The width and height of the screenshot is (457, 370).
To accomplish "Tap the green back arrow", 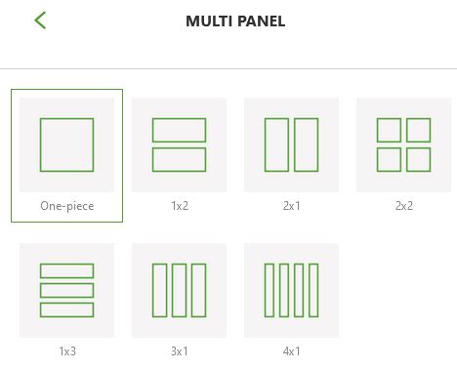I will [40, 20].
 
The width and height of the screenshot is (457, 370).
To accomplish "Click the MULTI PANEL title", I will [235, 21].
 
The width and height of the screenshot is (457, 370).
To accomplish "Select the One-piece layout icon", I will [66, 144].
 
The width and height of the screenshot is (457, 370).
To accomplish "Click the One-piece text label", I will [66, 206].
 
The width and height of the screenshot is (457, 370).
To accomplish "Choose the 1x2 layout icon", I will [179, 144].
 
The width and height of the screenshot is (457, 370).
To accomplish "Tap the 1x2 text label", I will [179, 206].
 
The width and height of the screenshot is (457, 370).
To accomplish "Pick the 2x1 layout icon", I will [291, 144].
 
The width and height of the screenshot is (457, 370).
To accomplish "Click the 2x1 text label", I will [291, 206].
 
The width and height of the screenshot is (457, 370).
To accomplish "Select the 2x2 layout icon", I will [403, 144].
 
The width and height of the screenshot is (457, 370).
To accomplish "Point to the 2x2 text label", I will [403, 206].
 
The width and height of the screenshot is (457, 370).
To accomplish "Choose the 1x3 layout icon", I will [66, 290].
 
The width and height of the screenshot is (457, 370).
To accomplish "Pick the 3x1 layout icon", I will [179, 290].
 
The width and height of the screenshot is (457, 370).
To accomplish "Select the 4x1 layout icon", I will [291, 290].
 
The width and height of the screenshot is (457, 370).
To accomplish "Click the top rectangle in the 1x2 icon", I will [179, 130].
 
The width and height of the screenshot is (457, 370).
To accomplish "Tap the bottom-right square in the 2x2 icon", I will [418, 159].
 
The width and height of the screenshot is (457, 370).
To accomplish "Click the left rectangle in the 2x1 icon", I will [277, 144].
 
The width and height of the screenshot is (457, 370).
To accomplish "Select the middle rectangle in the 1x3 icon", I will [66, 290].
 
